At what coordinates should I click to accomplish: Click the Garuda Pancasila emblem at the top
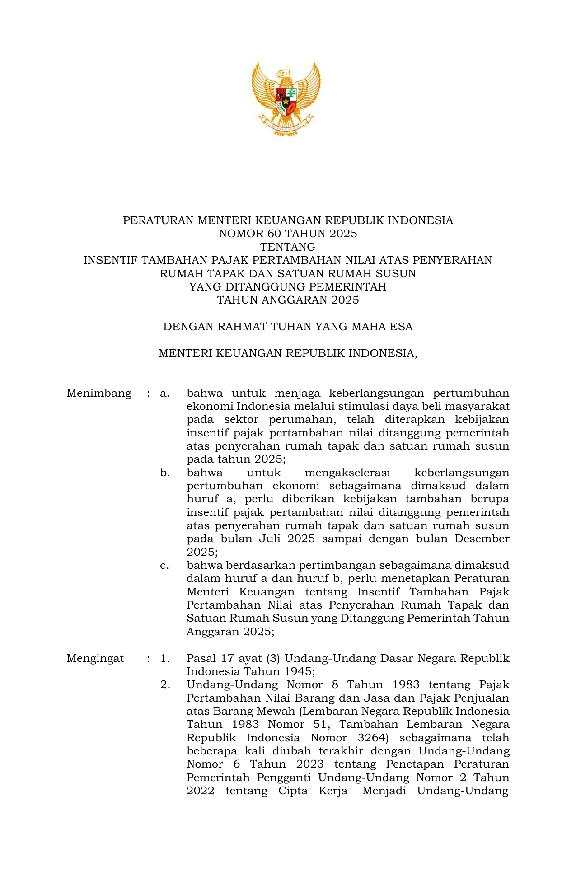coord(286,99)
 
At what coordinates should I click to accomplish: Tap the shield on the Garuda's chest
coord(286,100)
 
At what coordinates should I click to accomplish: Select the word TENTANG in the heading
coord(288,247)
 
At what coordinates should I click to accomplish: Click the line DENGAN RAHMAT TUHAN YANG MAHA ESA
coord(288,327)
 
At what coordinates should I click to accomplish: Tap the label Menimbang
coord(99,394)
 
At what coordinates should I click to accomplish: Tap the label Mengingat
coord(95,658)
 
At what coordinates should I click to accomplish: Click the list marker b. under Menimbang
coord(165,473)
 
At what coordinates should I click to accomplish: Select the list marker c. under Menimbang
coord(165,566)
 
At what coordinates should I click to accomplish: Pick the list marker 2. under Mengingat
coord(165,685)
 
